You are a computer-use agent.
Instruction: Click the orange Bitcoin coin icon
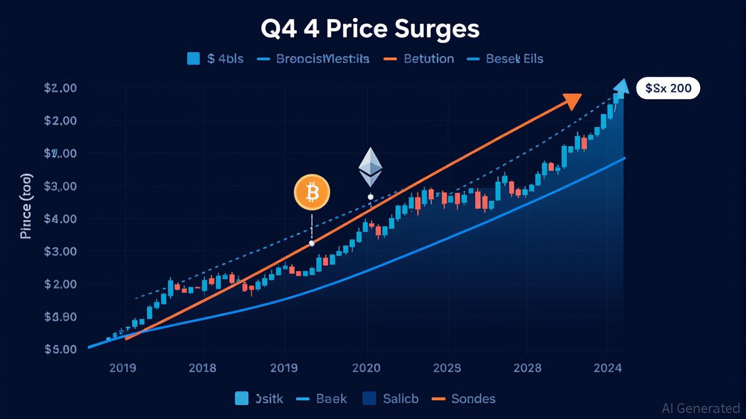point(312,192)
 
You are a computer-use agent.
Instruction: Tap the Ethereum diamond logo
point(370,167)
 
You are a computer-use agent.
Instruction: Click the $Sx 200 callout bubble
point(668,88)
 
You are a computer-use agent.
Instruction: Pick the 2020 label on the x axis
point(366,368)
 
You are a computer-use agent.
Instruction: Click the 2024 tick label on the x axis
point(607,368)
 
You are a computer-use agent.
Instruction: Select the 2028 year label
point(527,368)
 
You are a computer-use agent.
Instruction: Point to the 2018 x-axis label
point(202,368)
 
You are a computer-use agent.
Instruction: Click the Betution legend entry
point(428,59)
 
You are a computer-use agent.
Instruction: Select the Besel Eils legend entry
point(514,59)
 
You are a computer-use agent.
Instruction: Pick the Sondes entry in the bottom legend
point(473,399)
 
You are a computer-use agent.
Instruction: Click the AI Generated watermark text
point(700,408)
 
